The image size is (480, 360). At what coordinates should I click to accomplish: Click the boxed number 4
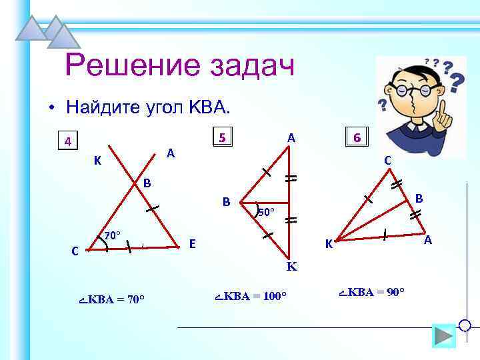[67, 141]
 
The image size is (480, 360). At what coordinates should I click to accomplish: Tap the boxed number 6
[357, 138]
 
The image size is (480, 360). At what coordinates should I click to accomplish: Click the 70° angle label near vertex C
[112, 235]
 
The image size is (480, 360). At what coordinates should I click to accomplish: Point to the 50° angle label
[265, 213]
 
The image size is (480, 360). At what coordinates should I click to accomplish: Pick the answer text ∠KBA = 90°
[372, 292]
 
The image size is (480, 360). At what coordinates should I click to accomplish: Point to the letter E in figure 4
[192, 244]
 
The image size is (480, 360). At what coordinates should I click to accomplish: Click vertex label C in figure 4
[75, 251]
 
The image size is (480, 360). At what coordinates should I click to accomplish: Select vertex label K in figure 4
[97, 161]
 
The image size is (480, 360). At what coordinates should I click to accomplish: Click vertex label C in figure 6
[387, 160]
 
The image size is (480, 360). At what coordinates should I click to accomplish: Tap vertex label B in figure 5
[227, 201]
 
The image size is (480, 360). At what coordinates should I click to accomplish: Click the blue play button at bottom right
[443, 335]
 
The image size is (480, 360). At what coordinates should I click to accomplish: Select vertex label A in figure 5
[291, 137]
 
